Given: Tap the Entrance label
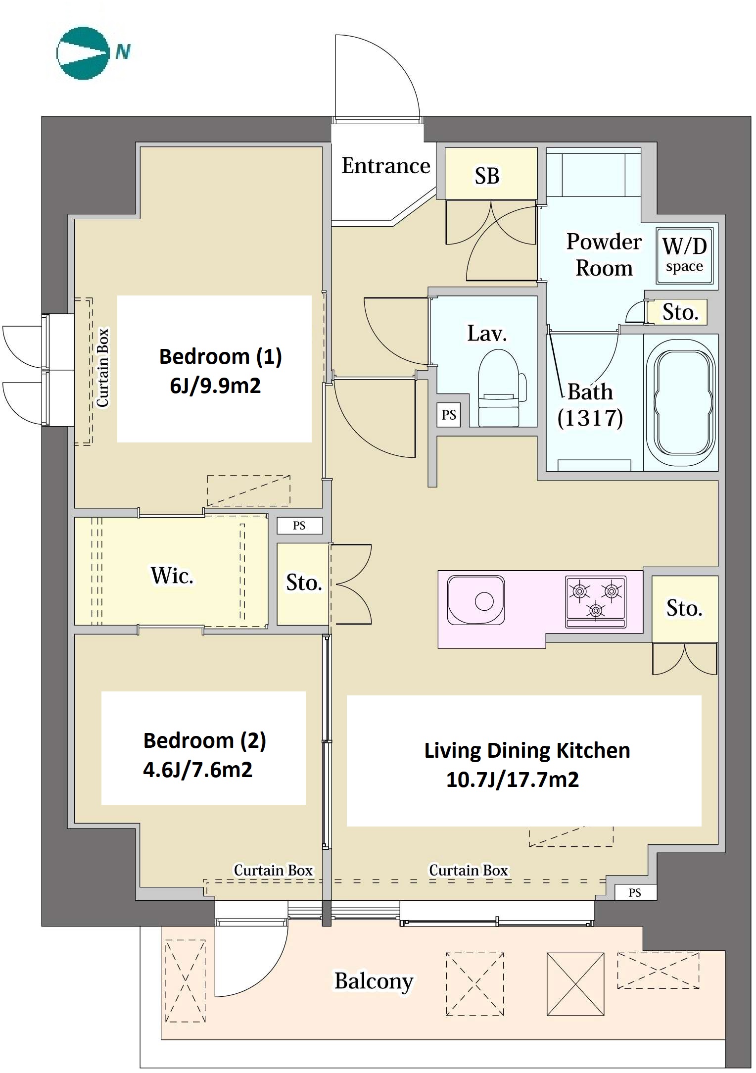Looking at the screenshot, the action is click(386, 166).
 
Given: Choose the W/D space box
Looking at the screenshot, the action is click(685, 255).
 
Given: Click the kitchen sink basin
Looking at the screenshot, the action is click(476, 600).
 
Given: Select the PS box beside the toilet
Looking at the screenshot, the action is click(449, 415).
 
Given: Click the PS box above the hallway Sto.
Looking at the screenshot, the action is click(299, 526).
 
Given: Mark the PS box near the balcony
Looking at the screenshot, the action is click(635, 892).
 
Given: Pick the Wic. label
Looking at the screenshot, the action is click(172, 576).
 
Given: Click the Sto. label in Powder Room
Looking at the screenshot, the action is click(680, 312).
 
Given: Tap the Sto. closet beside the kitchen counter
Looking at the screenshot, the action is click(685, 609).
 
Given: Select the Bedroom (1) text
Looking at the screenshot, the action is click(221, 356).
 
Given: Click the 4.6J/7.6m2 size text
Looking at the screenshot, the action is click(198, 770).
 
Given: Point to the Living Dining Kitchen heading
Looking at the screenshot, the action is click(527, 750).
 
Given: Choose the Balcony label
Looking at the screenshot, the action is click(374, 981).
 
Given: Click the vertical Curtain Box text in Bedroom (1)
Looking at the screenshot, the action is click(102, 368).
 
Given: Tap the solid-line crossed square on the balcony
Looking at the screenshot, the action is click(575, 984).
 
